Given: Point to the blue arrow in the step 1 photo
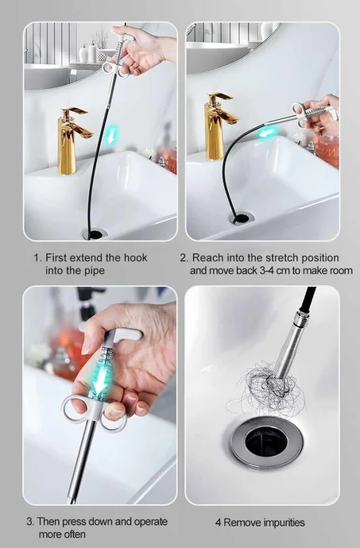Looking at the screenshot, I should [111, 136].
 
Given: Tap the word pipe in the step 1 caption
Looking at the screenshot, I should [94, 272].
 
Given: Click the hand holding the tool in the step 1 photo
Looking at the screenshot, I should [143, 49].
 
